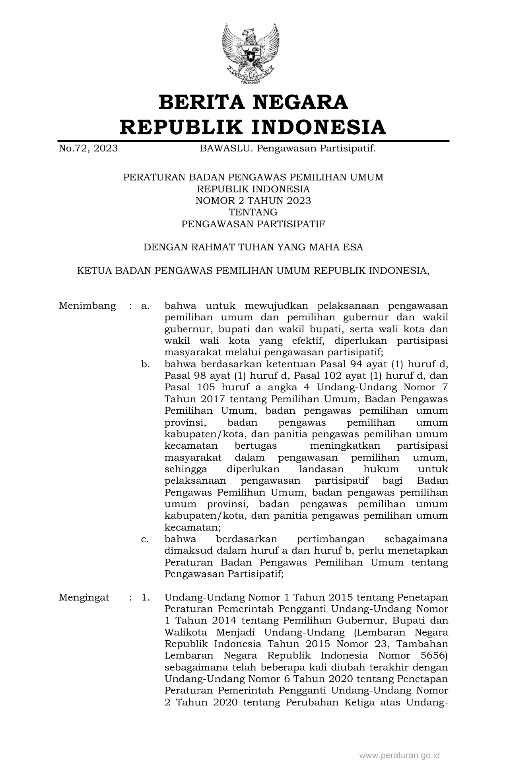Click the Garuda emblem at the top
(x=251, y=54)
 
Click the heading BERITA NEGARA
(x=253, y=102)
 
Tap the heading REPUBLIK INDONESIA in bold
(x=253, y=127)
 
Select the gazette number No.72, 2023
(x=88, y=149)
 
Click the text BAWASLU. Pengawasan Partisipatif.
(x=287, y=149)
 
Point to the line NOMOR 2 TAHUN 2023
(x=253, y=201)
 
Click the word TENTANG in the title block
(x=253, y=212)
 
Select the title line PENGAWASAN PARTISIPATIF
(x=253, y=224)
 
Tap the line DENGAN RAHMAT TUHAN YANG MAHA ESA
(x=253, y=247)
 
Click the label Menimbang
(x=87, y=306)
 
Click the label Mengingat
(x=84, y=597)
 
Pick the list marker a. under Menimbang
(x=145, y=306)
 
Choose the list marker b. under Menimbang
(x=145, y=364)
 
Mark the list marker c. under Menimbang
(x=145, y=539)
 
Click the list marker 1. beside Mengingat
(x=145, y=597)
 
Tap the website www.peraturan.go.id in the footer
(x=399, y=756)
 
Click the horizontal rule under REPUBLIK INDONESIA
(x=253, y=140)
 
